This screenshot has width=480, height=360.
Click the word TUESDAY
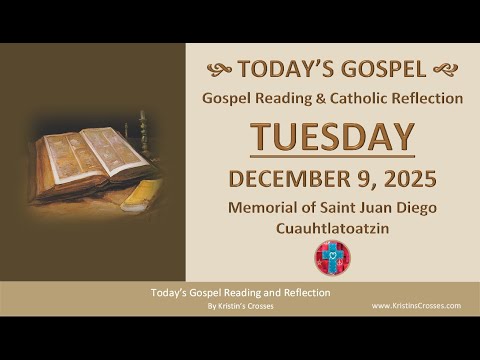coord(332,137)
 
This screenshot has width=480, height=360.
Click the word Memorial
coord(260,209)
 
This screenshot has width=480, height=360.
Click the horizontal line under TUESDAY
coord(332,156)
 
